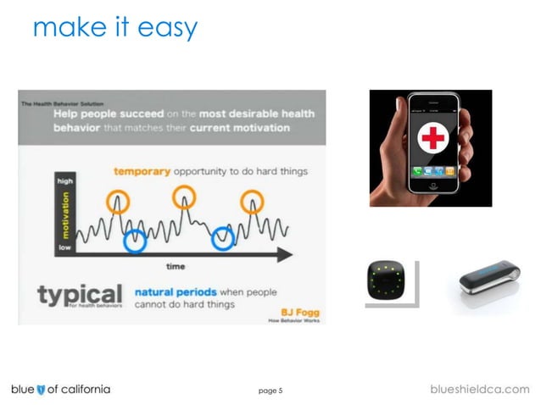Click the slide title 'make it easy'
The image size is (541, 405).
(114, 27)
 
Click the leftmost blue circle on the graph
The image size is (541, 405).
(135, 241)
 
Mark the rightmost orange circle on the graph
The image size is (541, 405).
(252, 202)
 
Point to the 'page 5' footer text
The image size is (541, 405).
(270, 391)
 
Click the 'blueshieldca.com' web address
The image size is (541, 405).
(480, 389)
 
